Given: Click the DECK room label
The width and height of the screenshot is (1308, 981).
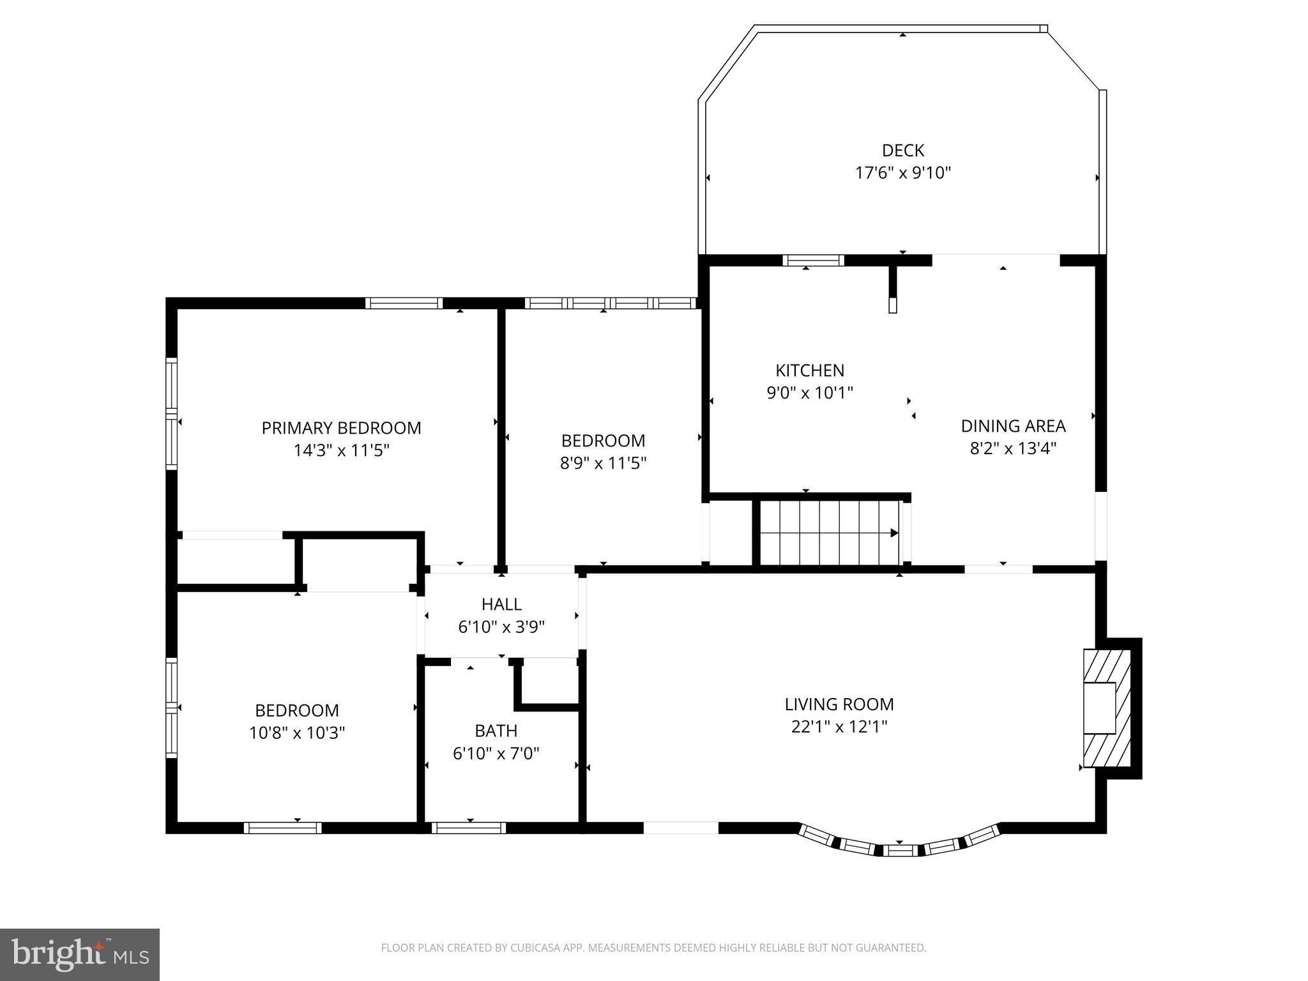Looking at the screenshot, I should tap(902, 151).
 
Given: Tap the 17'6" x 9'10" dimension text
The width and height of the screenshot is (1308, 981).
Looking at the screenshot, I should tap(902, 173).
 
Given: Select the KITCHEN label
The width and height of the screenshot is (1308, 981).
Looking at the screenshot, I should tap(809, 370).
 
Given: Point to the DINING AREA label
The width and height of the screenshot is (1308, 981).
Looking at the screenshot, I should tap(1012, 426).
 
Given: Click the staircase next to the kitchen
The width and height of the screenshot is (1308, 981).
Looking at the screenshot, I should tap(828, 533).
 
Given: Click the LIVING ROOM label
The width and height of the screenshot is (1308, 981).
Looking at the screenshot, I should tap(839, 704).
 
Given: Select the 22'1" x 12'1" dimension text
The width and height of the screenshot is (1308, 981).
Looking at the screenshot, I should tap(839, 727).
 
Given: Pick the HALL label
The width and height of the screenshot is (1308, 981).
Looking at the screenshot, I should tap(501, 604).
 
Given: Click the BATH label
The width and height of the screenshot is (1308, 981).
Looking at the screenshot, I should tap(496, 731).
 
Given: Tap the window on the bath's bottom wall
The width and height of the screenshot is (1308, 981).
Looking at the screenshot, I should tap(469, 828).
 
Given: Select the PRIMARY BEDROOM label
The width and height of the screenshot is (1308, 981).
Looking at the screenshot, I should tap(341, 428).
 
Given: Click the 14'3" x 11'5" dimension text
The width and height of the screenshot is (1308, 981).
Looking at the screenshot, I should tap(341, 451).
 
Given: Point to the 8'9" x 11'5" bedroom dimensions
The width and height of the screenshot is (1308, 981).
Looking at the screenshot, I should tap(603, 463).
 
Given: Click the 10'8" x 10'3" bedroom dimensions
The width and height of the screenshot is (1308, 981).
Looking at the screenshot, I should tap(297, 733).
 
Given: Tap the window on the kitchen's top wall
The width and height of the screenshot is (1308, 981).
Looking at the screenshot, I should tap(813, 261).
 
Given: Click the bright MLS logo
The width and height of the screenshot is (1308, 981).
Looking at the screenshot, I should tap(80, 955).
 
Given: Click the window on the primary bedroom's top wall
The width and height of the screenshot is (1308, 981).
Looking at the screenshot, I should tap(404, 303).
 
